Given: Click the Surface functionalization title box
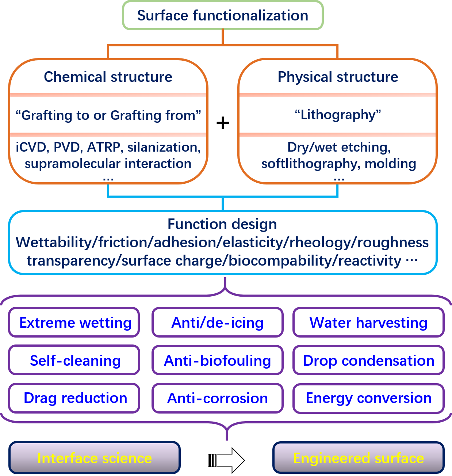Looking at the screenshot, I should (223, 16).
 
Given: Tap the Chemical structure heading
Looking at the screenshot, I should (108, 77).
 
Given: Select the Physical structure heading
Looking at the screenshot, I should (338, 77).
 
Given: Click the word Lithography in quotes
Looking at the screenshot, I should (338, 115).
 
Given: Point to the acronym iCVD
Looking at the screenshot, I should (31, 147).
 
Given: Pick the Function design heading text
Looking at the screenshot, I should (222, 224).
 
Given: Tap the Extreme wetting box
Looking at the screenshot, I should (74, 323).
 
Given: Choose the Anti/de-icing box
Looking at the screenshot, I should (218, 323).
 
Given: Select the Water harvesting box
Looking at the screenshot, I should (368, 323).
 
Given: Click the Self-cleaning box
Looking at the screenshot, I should (74, 361).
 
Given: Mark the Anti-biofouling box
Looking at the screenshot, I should (218, 361).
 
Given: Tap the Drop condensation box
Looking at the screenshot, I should (368, 361).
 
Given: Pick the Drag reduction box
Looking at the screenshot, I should (74, 398).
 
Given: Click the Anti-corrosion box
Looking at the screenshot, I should (218, 398).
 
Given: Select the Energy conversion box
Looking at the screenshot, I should (368, 398).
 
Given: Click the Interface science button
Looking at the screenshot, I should (95, 458).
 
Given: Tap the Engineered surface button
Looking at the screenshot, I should (359, 458).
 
